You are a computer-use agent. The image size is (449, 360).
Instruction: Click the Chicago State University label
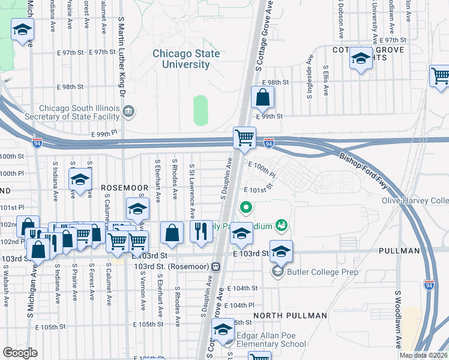pos(180,59)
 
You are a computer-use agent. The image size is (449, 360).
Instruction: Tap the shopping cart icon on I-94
pos(245,137)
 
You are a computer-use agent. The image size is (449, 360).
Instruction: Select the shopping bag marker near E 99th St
pos(262,97)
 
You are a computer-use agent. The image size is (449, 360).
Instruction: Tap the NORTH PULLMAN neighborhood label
pos(290,315)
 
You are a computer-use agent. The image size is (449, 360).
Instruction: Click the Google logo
pos(20,352)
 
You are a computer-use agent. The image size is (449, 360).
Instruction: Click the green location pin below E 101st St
pos(246,208)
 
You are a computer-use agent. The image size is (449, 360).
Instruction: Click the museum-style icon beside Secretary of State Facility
pos(128,112)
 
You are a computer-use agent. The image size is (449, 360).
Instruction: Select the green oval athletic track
pos(200,110)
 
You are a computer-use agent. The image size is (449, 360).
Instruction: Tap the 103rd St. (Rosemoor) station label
pos(172,266)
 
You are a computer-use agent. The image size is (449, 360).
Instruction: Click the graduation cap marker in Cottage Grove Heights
pos(361,59)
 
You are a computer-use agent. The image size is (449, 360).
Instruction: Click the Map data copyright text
pos(424,355)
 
